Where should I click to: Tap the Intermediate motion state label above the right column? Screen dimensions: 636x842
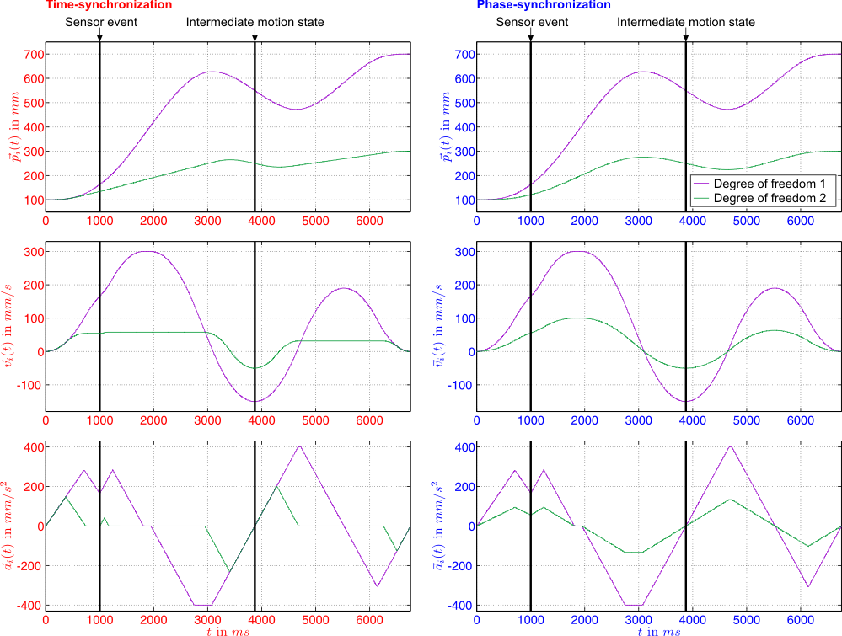[x=686, y=22]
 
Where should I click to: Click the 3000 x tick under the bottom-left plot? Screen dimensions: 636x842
[x=207, y=619]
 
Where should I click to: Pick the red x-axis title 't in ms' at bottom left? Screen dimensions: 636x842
[x=228, y=630]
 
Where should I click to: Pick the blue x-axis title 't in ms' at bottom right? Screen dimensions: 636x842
[x=659, y=630]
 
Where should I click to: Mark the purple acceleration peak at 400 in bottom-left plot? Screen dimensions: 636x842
[x=299, y=446]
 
